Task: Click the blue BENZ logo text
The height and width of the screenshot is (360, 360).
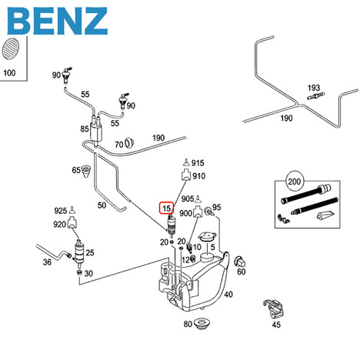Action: (x=57, y=21)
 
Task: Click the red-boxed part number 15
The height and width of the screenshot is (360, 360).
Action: (x=166, y=208)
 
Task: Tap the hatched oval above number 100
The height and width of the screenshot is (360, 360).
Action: (x=11, y=48)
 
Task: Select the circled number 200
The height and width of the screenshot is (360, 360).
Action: (x=294, y=182)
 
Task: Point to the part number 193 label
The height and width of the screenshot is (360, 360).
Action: (x=314, y=88)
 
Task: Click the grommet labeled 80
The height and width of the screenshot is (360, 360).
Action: (x=202, y=324)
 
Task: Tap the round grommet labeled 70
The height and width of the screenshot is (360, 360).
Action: (x=129, y=143)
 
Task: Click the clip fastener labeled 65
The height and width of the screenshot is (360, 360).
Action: (x=85, y=171)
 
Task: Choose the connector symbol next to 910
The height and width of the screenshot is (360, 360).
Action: (x=186, y=176)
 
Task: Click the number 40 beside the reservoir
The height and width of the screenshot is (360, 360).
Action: (x=228, y=294)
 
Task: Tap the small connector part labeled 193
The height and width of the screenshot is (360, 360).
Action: (x=316, y=96)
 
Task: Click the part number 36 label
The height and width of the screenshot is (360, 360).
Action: (x=47, y=262)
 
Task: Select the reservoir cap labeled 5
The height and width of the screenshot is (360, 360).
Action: (x=207, y=236)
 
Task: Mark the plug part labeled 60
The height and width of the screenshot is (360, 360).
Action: (x=240, y=262)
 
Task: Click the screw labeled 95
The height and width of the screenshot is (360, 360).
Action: (x=208, y=212)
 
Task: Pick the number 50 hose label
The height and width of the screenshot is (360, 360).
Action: (x=102, y=205)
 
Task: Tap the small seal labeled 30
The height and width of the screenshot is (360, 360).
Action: (x=79, y=273)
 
